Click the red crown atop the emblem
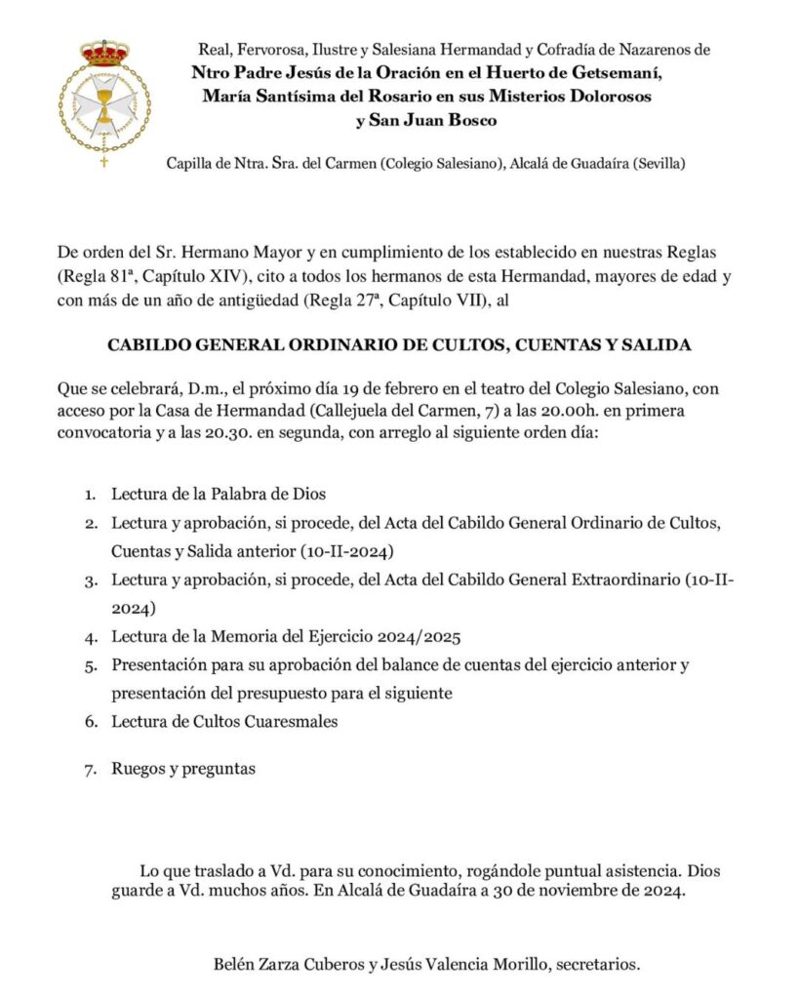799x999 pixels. tap(104, 52)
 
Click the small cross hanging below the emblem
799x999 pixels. tap(104, 161)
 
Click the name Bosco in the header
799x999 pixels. tap(466, 120)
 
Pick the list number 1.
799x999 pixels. tap(90, 495)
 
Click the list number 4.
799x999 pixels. tap(90, 638)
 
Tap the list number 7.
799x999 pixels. tap(90, 769)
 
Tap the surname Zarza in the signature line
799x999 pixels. tap(276, 965)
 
